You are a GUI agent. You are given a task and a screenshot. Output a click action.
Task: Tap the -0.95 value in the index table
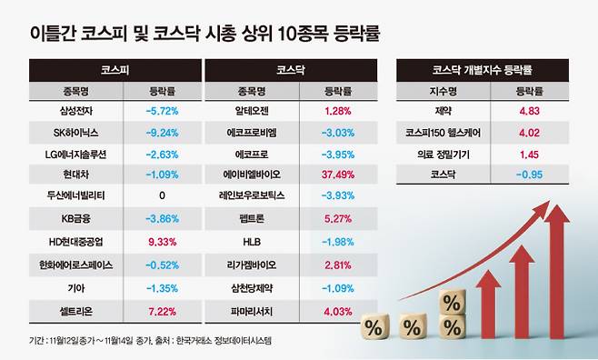point(529,176)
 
